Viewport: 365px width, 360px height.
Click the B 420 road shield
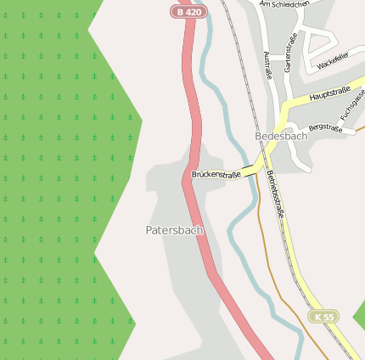pyautogui.click(x=188, y=11)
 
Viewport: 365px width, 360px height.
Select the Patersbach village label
pyautogui.click(x=175, y=229)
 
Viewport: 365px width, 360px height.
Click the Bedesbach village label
pyautogui.click(x=281, y=136)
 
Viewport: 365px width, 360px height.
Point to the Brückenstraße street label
pyautogui.click(x=216, y=173)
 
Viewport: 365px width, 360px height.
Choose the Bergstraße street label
pyautogui.click(x=325, y=128)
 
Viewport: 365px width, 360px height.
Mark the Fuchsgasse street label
pyautogui.click(x=351, y=106)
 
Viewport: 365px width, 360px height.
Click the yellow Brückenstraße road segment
pyautogui.click(x=255, y=165)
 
